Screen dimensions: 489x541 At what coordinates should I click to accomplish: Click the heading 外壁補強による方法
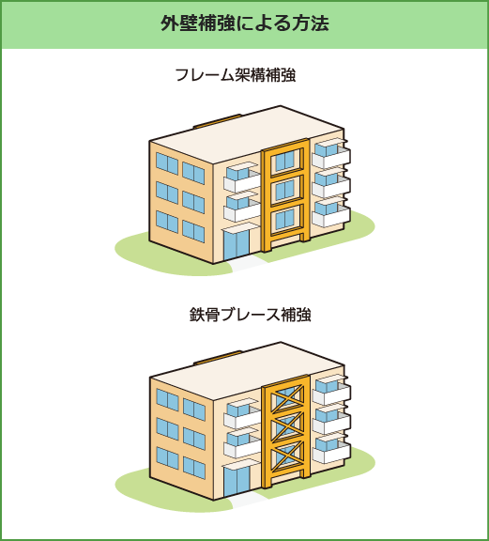(244, 23)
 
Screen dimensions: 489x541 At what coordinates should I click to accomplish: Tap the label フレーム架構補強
(236, 75)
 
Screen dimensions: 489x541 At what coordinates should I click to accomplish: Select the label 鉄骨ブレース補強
(251, 315)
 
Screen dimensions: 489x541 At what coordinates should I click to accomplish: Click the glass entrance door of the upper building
(237, 244)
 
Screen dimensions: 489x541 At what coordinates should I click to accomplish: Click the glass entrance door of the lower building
(237, 481)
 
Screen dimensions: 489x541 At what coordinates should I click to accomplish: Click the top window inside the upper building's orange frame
(284, 161)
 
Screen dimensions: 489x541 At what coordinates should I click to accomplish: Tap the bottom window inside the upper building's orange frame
(284, 220)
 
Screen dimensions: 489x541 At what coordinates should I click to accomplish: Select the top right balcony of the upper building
(331, 153)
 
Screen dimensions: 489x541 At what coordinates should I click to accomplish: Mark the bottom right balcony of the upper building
(331, 212)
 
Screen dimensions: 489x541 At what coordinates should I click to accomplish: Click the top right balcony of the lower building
(331, 390)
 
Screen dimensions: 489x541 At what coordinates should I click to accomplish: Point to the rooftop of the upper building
(247, 134)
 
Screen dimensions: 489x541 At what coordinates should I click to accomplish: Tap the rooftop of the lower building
(247, 371)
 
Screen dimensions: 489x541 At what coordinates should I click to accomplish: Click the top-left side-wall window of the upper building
(167, 163)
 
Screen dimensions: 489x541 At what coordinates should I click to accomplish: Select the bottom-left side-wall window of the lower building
(168, 458)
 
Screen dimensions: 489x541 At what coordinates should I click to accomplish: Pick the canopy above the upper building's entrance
(239, 226)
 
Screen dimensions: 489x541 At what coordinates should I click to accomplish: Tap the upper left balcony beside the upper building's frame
(242, 178)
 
